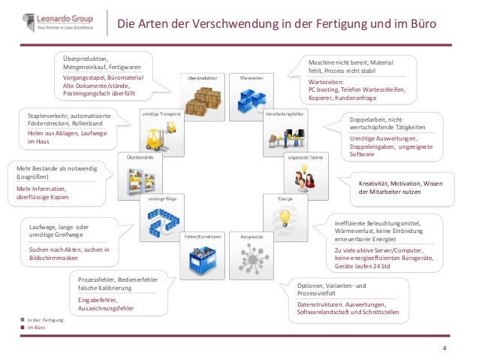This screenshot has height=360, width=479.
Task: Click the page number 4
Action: (444, 347)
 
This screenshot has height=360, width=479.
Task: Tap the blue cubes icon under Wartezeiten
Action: (250, 98)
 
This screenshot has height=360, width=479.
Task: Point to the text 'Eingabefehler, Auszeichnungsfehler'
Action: (106, 304)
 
